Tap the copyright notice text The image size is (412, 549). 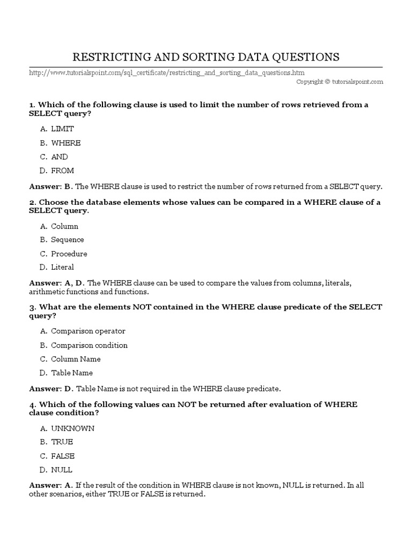point(340,81)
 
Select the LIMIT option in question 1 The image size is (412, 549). point(62,129)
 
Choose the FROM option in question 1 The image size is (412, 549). point(63,171)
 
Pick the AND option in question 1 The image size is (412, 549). point(60,157)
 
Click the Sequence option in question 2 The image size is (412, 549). point(68,240)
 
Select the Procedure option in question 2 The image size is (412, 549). point(69,254)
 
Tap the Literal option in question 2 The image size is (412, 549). point(62,267)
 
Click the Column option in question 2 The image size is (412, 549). point(64,226)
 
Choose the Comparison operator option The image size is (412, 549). point(88,331)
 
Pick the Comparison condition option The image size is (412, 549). point(89,345)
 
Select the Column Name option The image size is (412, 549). point(76,359)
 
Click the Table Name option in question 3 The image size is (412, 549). point(72,373)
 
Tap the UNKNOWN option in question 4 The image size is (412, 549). point(72,428)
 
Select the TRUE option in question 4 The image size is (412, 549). point(62,442)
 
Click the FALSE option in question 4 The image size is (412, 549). point(63,456)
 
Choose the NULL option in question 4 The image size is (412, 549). point(62,470)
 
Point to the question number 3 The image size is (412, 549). point(32,307)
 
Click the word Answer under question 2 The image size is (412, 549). point(43,283)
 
